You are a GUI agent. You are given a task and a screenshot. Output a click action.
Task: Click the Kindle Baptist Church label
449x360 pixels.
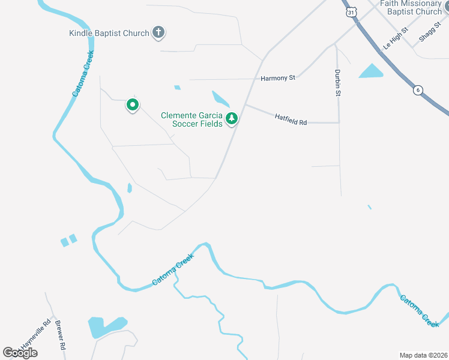(x=109, y=33)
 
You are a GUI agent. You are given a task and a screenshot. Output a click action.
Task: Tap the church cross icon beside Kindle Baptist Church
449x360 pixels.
(x=158, y=32)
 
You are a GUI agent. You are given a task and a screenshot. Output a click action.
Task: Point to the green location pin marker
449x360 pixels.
(x=132, y=106)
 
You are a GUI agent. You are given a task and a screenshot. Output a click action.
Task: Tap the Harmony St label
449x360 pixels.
(x=278, y=78)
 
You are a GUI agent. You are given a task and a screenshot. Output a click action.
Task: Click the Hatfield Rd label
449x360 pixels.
(x=291, y=119)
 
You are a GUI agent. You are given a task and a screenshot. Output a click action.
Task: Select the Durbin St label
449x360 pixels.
(x=338, y=83)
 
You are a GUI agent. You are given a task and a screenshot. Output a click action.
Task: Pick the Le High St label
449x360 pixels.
(x=396, y=38)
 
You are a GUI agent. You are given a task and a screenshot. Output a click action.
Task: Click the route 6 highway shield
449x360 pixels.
(x=418, y=90)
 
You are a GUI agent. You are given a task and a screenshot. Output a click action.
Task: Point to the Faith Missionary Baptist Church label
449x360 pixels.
(x=414, y=7)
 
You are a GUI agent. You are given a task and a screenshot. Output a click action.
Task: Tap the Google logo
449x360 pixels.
(x=20, y=353)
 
